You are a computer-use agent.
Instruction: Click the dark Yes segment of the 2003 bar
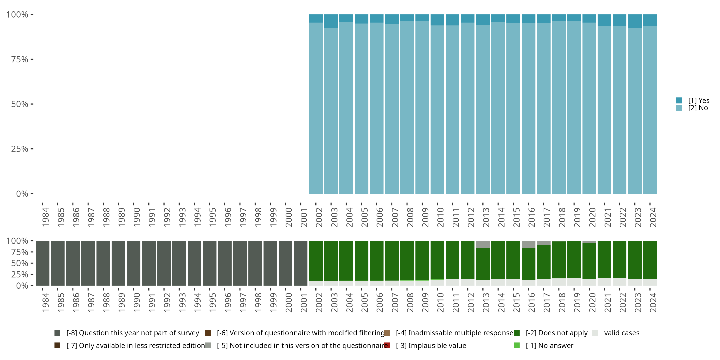tap(331, 21)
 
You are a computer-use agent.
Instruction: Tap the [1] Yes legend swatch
tap(679, 100)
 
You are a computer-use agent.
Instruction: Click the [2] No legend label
tap(698, 108)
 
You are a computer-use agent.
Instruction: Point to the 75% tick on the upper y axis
tap(32, 59)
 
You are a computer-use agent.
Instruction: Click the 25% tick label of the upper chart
tap(20, 149)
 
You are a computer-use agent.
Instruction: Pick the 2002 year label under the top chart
tap(319, 217)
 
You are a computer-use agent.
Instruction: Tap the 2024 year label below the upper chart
tap(653, 217)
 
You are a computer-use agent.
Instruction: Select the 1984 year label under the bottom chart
tap(45, 302)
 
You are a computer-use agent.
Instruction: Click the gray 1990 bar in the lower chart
tap(134, 263)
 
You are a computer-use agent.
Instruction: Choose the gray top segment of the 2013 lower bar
tap(483, 244)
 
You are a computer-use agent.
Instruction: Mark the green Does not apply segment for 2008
tap(407, 260)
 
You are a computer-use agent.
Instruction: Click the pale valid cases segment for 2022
tap(619, 282)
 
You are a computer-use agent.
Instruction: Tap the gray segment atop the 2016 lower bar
tap(528, 244)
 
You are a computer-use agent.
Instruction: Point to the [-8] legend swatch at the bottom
tap(57, 333)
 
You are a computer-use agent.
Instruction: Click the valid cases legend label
tap(622, 333)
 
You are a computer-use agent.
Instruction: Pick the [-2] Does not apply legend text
tap(556, 333)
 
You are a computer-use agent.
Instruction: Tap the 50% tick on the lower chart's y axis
tap(32, 263)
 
